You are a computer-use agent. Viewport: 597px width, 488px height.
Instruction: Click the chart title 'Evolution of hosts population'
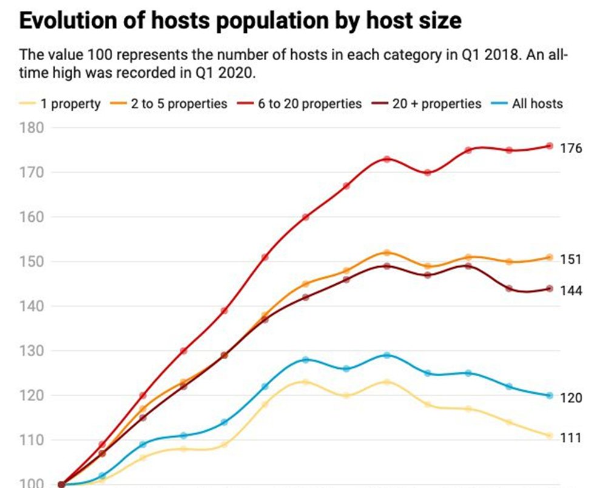click(x=240, y=21)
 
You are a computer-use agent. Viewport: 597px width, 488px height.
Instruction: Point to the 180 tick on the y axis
click(x=31, y=128)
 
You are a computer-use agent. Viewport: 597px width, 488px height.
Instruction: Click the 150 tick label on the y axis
click(x=31, y=262)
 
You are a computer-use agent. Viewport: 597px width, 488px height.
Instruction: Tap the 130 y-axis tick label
click(x=31, y=351)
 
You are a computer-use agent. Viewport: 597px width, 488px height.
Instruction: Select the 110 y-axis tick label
click(x=31, y=440)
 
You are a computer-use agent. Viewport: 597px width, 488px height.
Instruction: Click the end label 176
click(x=571, y=148)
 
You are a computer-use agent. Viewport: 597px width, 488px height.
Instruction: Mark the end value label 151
click(x=571, y=259)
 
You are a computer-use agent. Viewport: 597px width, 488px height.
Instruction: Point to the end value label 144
click(x=571, y=291)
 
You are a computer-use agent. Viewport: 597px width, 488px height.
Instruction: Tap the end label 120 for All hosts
click(x=571, y=398)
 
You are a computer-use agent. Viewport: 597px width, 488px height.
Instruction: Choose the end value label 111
click(x=571, y=438)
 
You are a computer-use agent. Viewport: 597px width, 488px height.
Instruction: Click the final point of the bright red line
click(x=550, y=146)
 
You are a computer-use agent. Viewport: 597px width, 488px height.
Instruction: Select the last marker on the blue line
click(x=550, y=396)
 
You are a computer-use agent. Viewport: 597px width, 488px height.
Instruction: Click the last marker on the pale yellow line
click(x=550, y=436)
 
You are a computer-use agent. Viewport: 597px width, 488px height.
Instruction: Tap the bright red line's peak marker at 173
click(x=387, y=159)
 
